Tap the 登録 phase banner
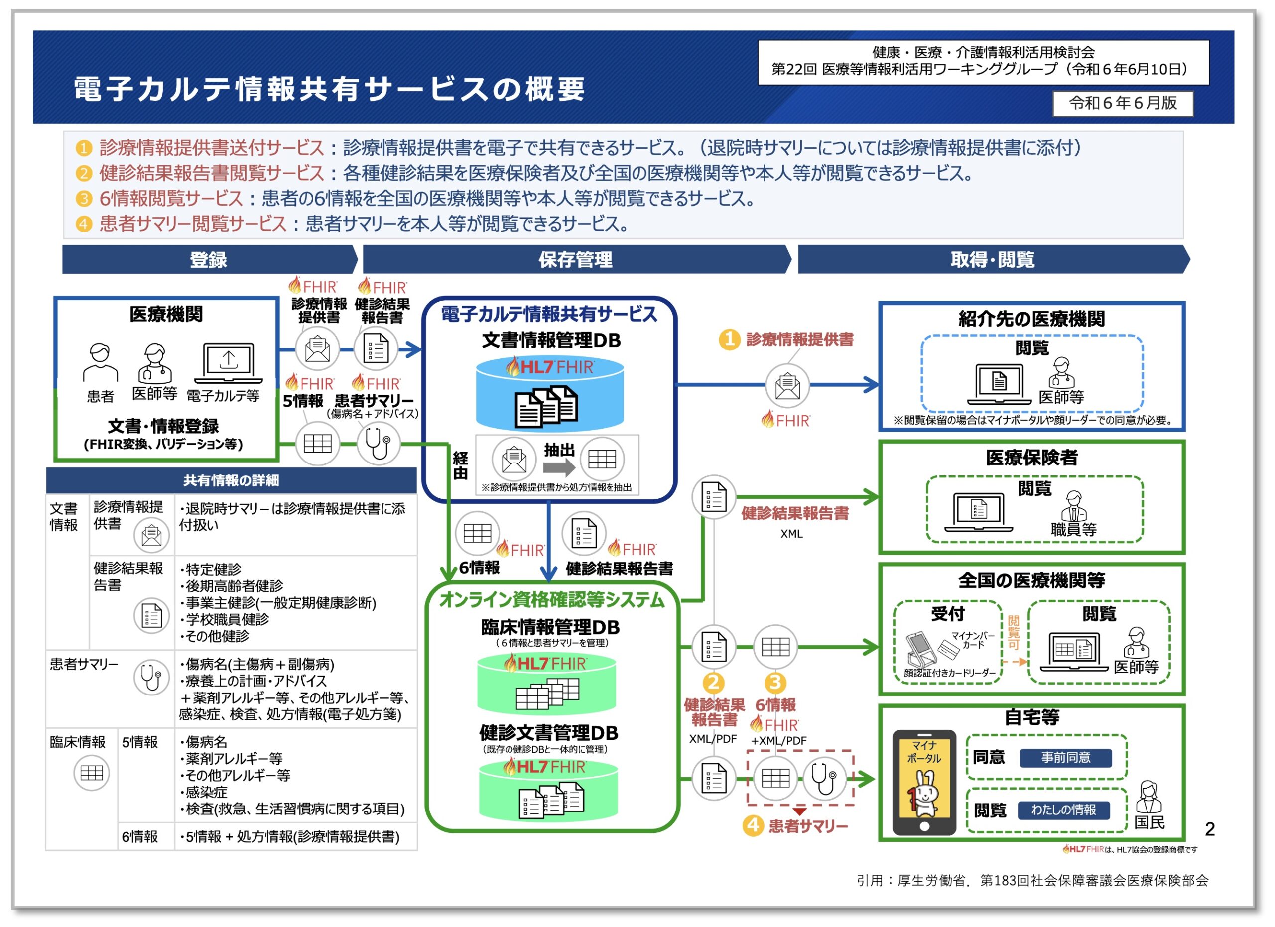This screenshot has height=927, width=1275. coord(209,260)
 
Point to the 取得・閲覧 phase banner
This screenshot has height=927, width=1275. coord(992,260)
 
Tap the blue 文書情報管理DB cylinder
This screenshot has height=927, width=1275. coord(549,394)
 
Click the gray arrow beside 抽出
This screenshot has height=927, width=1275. coord(559,467)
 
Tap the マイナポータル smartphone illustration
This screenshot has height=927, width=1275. coord(924,782)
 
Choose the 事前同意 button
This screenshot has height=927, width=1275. coord(1065,758)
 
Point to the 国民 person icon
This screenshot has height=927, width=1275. coord(1148,797)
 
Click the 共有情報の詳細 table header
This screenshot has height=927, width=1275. coord(231,481)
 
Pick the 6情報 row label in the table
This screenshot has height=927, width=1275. coord(140,837)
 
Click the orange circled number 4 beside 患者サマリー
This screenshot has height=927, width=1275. coord(753,826)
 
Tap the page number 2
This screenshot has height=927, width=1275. coord(1210,829)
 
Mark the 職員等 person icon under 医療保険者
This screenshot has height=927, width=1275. coord(1073,506)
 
